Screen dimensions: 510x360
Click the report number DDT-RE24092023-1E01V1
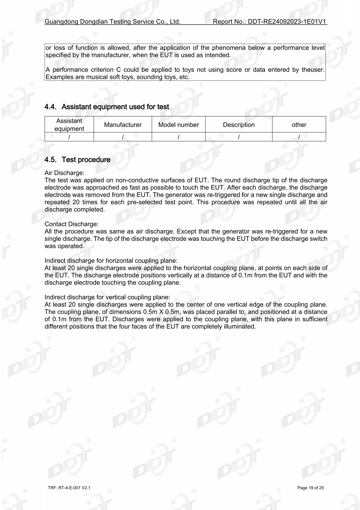coord(287,22)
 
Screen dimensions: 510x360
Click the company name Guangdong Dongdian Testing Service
coord(112,22)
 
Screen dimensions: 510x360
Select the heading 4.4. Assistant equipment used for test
coord(107,107)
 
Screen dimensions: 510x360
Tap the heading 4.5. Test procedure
coord(77,159)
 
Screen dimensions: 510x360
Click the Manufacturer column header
coord(123,125)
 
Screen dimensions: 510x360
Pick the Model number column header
coord(178,125)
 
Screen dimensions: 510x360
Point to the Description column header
coord(239,125)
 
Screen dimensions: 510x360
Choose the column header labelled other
coord(299,125)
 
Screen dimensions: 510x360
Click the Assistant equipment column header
coord(69,125)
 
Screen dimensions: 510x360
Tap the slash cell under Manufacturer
coord(123,137)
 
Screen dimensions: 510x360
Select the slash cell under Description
coord(239,137)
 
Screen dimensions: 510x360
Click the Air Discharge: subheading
coord(65,173)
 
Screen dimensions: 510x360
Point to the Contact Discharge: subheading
coord(71,224)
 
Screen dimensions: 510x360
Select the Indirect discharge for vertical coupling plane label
coord(107,297)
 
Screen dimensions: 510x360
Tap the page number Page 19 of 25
coord(310,488)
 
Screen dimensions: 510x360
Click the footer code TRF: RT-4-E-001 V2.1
coord(69,488)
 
